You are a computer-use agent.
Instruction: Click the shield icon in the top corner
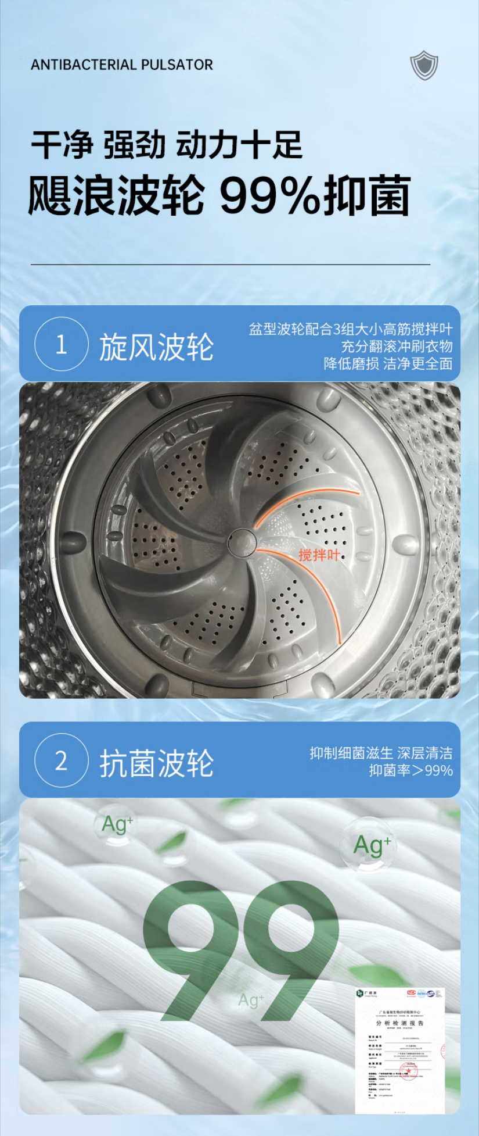pos(424,65)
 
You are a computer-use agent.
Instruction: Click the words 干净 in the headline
pos(62,145)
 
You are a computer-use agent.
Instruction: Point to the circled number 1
pos(62,344)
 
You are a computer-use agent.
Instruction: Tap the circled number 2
pos(62,760)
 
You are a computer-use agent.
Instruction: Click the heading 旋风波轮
pos(156,347)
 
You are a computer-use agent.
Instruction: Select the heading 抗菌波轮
pos(156,763)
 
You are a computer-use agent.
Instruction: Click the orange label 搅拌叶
pos(319,555)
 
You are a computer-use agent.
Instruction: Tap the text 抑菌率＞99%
pos(410,770)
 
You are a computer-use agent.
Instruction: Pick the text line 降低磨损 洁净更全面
pos(388,363)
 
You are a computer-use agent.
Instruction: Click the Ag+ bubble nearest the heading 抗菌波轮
pos(117,824)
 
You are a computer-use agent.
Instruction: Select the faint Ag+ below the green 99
pos(251,1000)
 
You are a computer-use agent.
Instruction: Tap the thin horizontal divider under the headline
pos(231,265)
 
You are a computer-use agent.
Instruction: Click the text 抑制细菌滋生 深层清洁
pos(381,753)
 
